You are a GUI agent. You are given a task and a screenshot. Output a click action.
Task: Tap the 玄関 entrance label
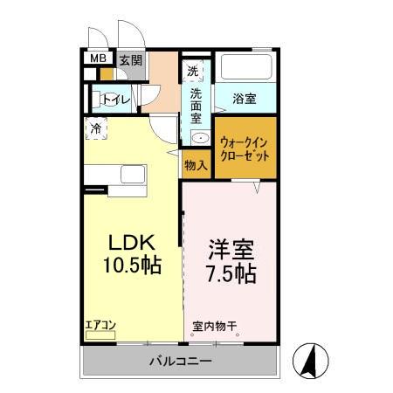coord(129,60)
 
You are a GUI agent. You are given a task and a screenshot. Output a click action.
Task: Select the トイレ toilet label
coord(116,100)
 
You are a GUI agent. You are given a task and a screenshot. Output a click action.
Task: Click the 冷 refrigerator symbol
coord(95,128)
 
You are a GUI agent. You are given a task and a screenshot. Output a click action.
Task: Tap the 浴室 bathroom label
coord(244,98)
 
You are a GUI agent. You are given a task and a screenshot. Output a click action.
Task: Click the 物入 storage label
coord(196,164)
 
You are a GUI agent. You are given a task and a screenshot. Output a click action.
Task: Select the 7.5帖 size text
coord(231,273)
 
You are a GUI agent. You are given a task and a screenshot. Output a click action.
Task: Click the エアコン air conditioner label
coord(101,327)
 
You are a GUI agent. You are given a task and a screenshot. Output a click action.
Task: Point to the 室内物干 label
coord(214,328)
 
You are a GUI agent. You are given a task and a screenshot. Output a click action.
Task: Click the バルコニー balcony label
coord(178,360)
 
